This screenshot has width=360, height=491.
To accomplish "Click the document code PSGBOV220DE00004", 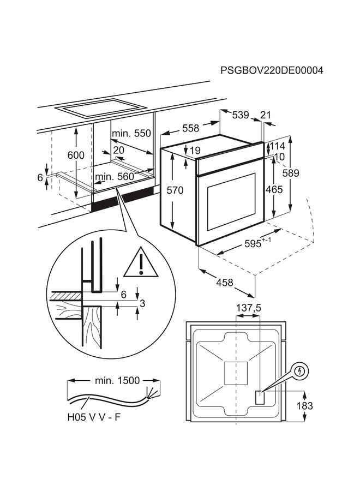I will [x=272, y=71].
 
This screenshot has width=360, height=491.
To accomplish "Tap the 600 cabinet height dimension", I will [x=76, y=155].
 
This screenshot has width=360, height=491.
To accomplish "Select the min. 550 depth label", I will [x=130, y=134].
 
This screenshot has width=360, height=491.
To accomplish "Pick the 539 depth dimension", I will [x=240, y=115].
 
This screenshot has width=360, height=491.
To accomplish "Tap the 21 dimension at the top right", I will [x=266, y=115].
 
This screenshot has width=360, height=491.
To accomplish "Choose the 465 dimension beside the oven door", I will [x=274, y=190].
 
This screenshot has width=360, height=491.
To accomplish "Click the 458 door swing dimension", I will [x=225, y=283].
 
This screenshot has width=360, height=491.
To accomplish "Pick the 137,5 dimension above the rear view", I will [x=248, y=308].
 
